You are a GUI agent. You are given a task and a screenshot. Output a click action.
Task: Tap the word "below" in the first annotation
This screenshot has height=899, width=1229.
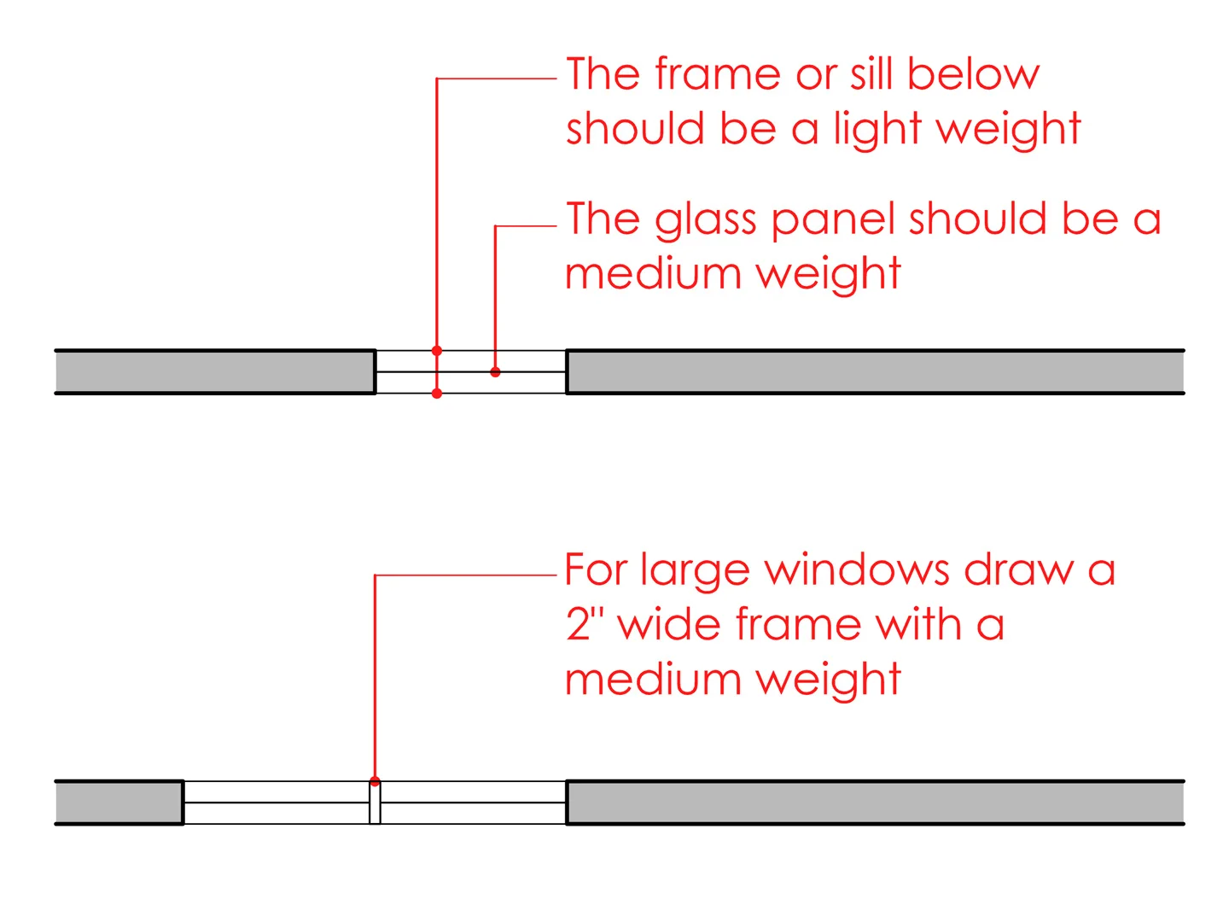click(x=973, y=74)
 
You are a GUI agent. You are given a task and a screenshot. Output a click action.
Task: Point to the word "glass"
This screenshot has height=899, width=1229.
click(x=705, y=221)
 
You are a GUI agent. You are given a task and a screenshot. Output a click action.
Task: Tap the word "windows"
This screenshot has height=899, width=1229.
click(x=856, y=569)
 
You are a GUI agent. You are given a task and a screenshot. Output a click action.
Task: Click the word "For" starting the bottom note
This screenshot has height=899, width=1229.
click(x=596, y=569)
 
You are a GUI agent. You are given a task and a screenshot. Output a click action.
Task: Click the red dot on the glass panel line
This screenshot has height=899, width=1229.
click(x=495, y=372)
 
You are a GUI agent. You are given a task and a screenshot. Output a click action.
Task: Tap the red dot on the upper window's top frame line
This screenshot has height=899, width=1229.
click(x=437, y=351)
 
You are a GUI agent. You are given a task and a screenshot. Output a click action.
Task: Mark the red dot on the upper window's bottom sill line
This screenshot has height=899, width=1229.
click(x=437, y=394)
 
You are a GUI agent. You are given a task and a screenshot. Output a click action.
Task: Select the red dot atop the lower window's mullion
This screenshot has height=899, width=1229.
click(x=375, y=781)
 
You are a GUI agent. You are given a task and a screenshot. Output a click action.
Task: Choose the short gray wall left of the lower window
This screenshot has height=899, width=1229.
click(x=119, y=803)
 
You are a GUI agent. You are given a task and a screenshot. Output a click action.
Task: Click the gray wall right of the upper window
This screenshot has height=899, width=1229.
click(x=876, y=372)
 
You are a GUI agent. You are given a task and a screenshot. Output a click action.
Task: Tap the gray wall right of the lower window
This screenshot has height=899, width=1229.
click(x=876, y=803)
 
